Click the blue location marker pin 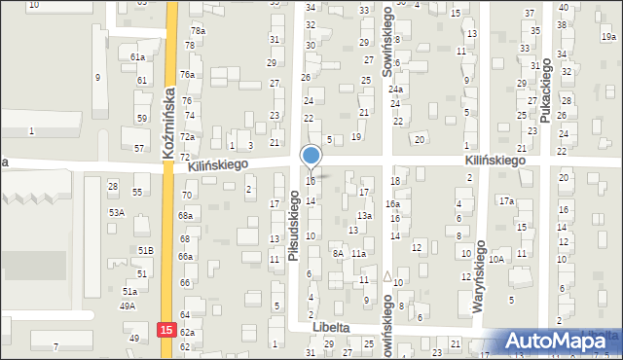coord(311,157)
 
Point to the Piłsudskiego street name coord(294,225)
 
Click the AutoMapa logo coord(557,341)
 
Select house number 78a coord(198,31)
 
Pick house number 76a coord(187,75)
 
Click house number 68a coord(185,215)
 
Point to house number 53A coord(117,212)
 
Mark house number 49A coord(128,306)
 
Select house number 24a coord(396,90)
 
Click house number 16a coord(392,203)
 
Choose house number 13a coord(364,215)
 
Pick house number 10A coord(496,259)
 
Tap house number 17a coord(506,201)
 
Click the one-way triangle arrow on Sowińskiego coord(387,276)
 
